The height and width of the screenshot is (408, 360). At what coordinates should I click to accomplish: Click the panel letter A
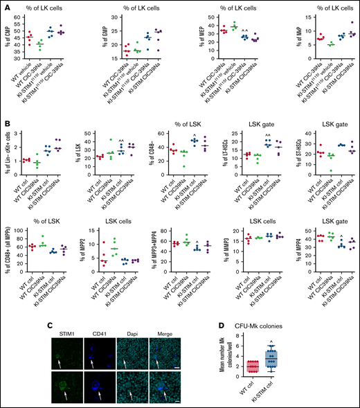(x=6, y=6)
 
